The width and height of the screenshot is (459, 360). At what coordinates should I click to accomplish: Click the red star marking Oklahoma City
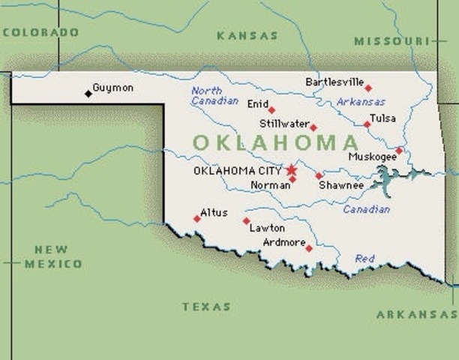(x=291, y=169)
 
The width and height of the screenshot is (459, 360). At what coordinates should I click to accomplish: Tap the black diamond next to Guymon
(x=88, y=94)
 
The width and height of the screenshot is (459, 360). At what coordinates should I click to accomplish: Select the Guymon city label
(x=112, y=88)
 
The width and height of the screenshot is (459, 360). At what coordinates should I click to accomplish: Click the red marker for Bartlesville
(x=368, y=88)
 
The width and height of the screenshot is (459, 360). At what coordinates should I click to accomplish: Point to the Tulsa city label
(x=382, y=118)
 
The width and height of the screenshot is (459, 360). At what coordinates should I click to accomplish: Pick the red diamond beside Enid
(x=271, y=110)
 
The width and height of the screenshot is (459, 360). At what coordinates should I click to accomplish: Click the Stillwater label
(x=283, y=124)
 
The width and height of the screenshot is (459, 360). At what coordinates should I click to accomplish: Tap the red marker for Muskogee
(x=399, y=151)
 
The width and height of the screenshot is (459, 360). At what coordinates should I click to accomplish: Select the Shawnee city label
(x=341, y=185)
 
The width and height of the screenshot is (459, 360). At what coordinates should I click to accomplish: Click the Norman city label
(x=270, y=184)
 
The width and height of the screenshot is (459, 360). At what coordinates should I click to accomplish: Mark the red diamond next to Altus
(x=197, y=219)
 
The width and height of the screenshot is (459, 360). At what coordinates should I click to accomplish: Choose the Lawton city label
(x=268, y=228)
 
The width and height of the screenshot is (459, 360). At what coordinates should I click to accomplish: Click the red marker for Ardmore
(x=309, y=248)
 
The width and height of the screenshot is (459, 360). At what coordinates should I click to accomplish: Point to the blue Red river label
(x=365, y=259)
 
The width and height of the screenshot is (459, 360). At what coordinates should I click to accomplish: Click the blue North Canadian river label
(x=214, y=95)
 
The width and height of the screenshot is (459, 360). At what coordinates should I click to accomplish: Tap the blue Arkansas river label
(x=361, y=102)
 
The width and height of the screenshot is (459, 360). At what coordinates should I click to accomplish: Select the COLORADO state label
(x=41, y=32)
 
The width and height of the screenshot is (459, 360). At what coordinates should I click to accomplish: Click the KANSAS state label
(x=247, y=35)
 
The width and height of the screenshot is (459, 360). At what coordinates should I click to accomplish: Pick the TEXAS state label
(x=206, y=307)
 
